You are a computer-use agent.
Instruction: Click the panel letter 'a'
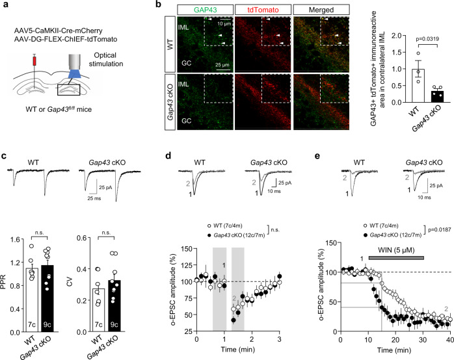click(5, 6)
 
